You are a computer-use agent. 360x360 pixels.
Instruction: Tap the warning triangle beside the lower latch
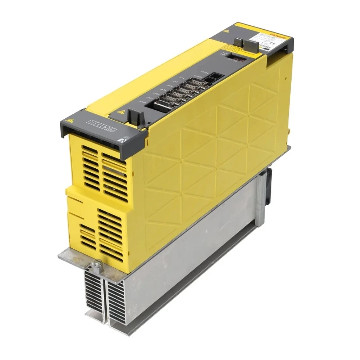coord(120,112)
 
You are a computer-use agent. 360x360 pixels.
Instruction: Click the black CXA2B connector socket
coord(216,77)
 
